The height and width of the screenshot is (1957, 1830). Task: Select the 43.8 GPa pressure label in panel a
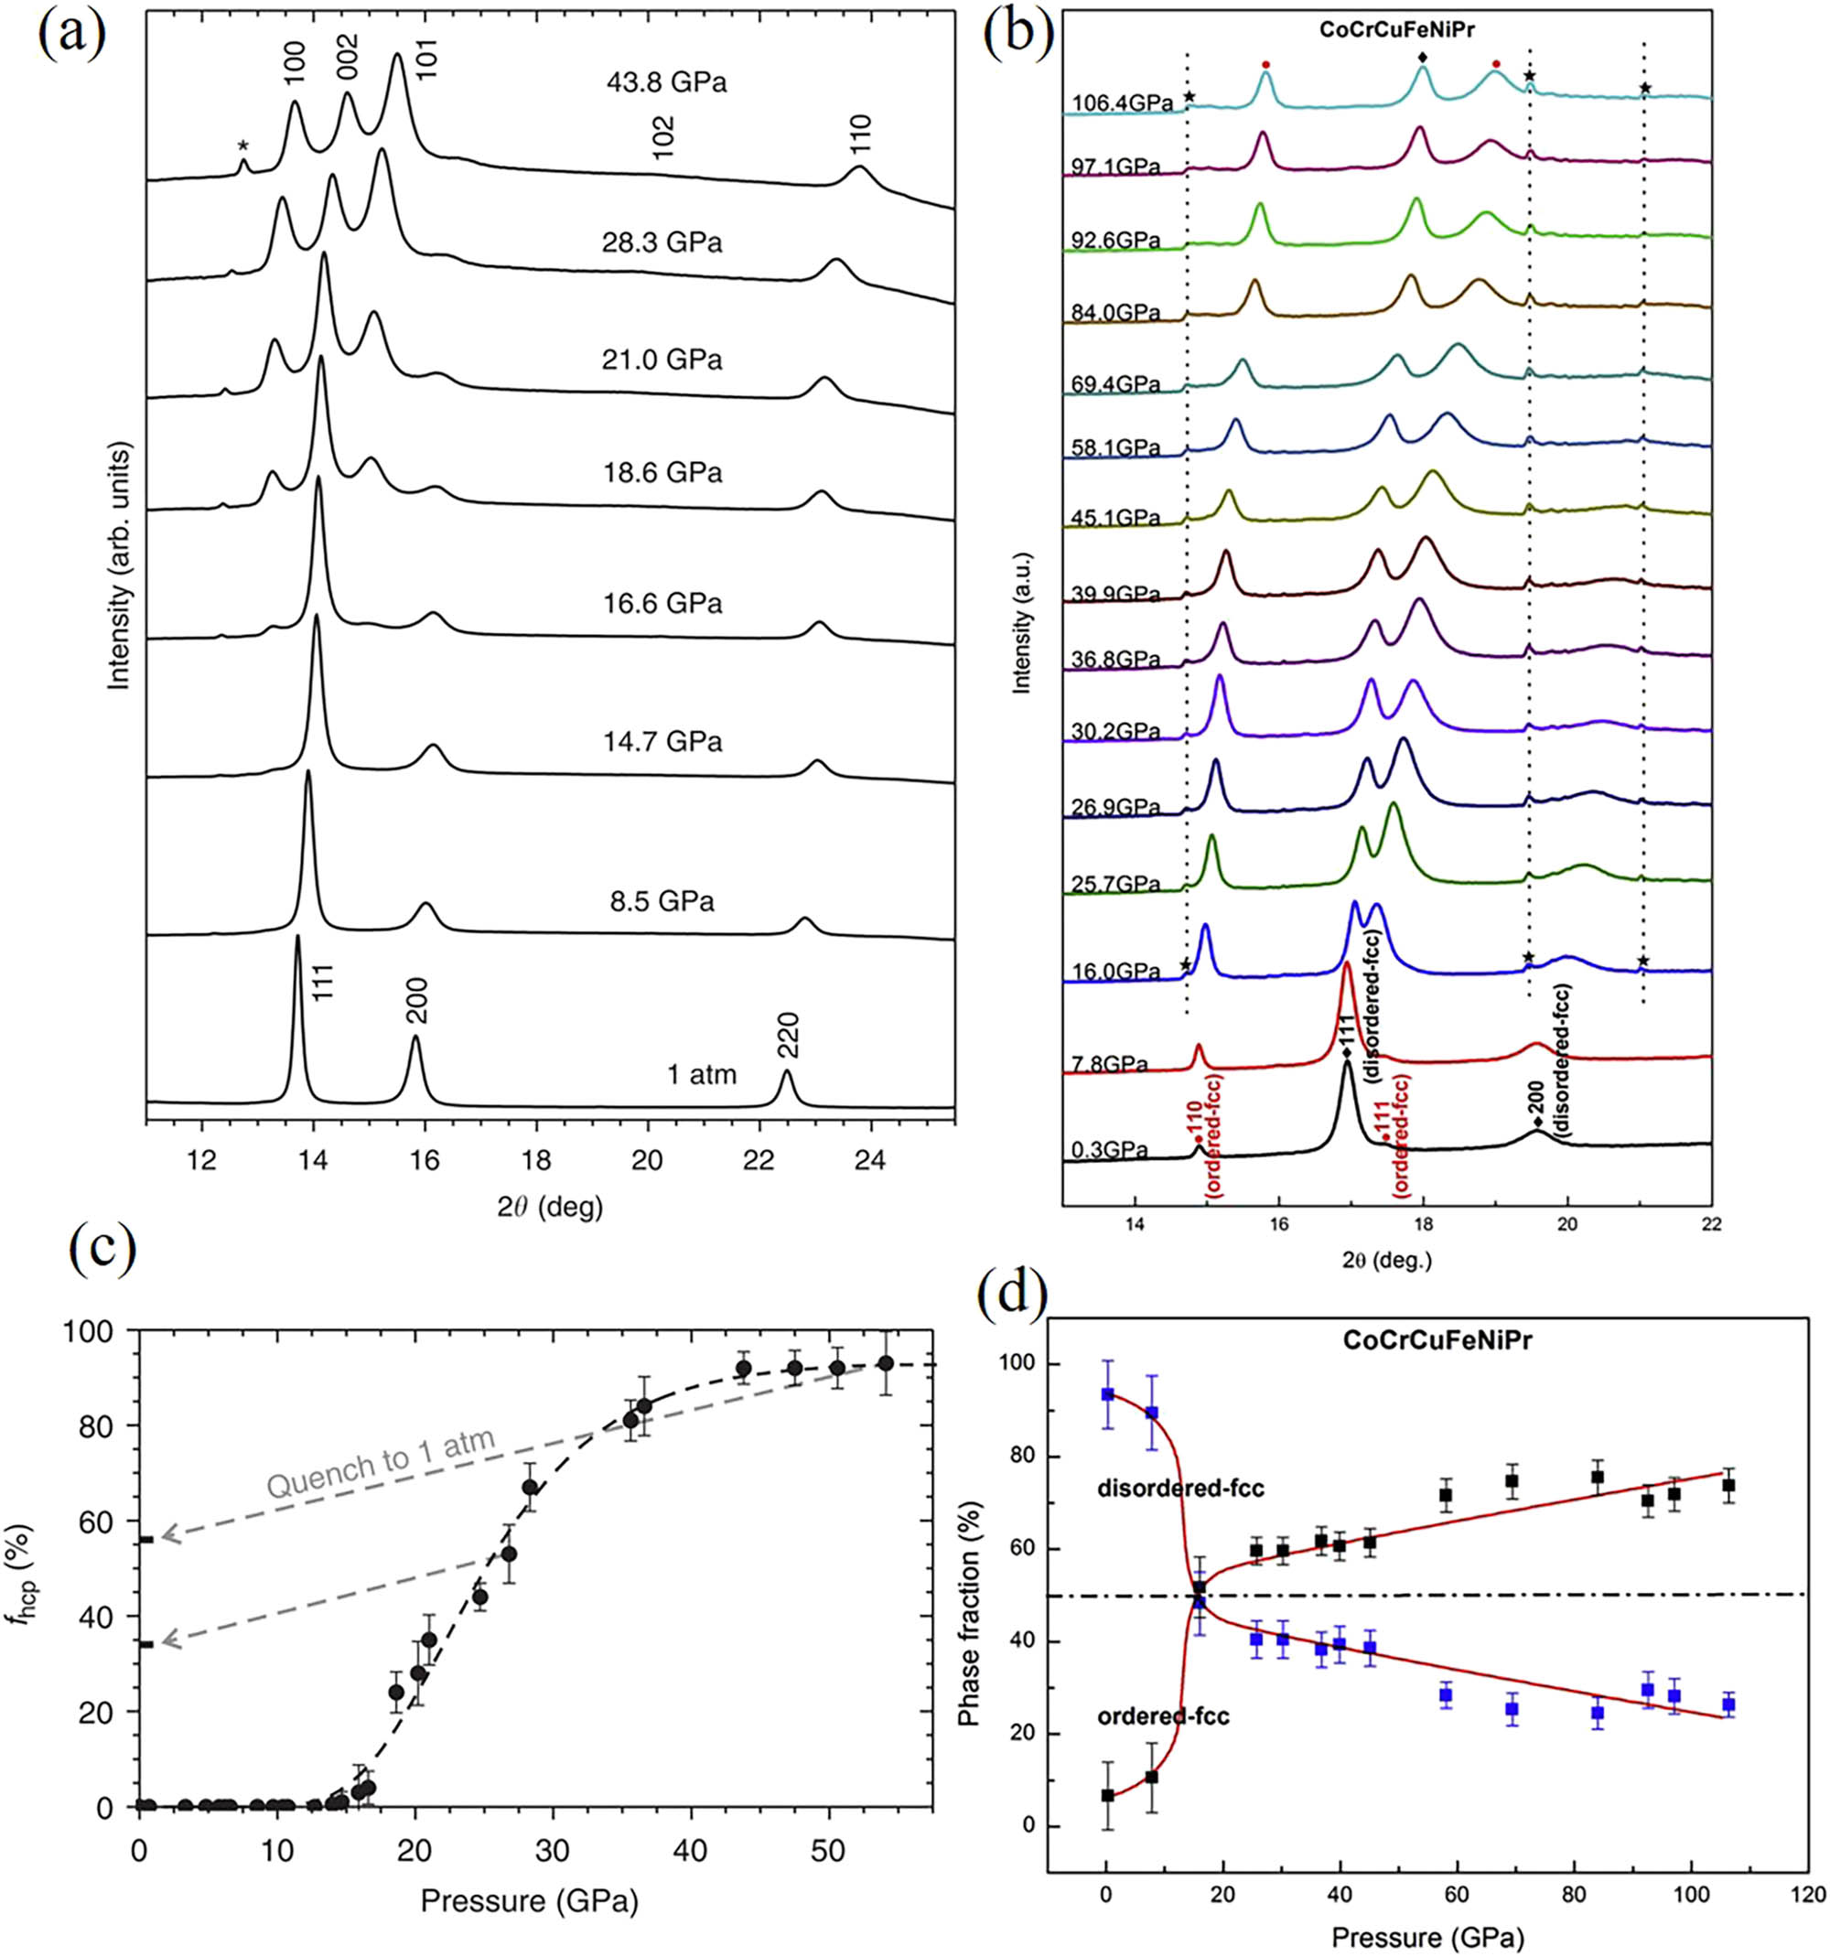pyautogui.click(x=666, y=82)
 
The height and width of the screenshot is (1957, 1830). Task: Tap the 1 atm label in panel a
pyautogui.click(x=701, y=1074)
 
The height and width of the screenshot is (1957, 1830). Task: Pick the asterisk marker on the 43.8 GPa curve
pyautogui.click(x=243, y=146)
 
